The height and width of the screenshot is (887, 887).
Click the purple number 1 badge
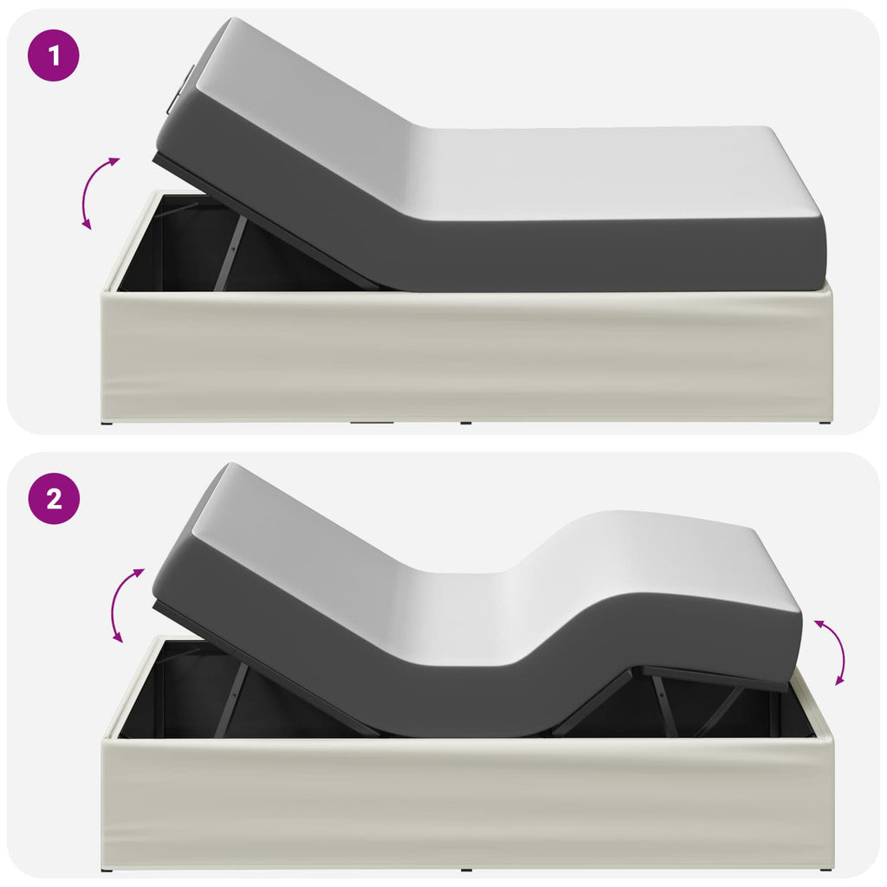54,55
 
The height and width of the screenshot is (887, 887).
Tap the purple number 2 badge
54,498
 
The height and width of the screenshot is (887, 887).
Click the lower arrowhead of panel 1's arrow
87,224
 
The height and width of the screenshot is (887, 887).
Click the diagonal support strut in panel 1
230,252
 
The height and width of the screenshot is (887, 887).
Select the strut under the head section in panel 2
230,699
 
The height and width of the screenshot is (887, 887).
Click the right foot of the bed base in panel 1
825,422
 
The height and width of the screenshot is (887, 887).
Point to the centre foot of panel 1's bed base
465,423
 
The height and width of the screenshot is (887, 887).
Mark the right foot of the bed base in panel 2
825,870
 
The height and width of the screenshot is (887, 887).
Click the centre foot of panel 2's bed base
466,870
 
